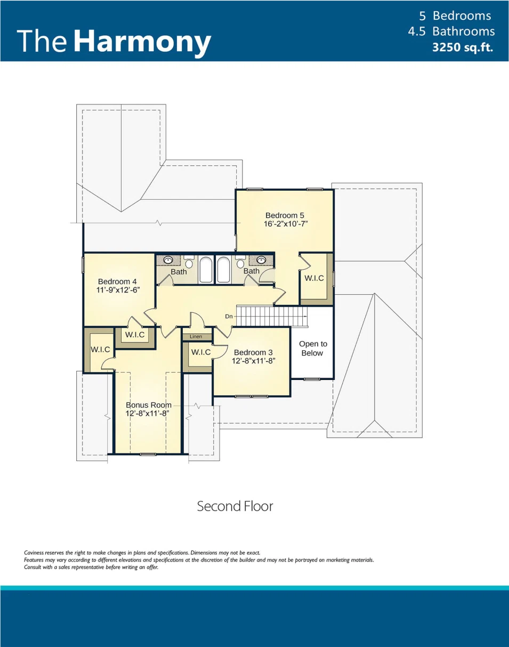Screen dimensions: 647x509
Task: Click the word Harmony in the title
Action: tap(142, 42)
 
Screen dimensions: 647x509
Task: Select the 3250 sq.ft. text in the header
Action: tap(462, 47)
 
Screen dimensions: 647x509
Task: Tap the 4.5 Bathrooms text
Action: tap(451, 31)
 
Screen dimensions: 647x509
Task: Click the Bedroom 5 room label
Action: tap(285, 215)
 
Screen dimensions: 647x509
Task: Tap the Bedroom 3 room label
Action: tap(253, 352)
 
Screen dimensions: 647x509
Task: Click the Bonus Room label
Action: tap(148, 405)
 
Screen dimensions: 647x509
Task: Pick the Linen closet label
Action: tap(196, 337)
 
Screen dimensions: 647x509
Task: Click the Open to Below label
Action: tap(313, 349)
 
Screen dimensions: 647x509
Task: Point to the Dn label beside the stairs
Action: tap(229, 317)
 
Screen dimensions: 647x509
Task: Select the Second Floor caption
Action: tap(235, 506)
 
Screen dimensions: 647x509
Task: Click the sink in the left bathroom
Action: tap(168, 261)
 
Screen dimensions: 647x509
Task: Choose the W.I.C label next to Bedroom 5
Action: tap(314, 278)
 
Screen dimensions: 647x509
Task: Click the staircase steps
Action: tap(272, 317)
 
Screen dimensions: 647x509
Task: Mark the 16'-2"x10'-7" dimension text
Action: tap(286, 224)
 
